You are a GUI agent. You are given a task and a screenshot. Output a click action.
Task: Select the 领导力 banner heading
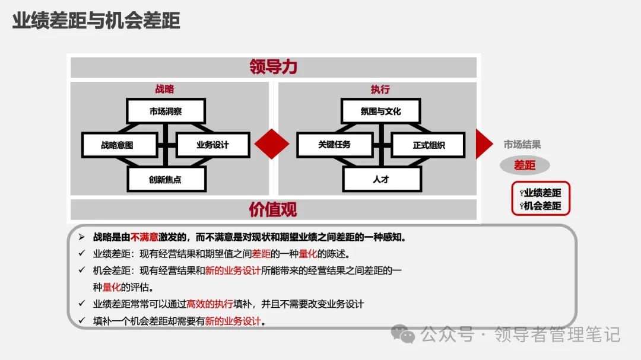tap(273, 67)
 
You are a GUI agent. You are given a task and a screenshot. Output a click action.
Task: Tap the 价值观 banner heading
tap(273, 209)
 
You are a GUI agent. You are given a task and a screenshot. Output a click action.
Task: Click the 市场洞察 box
tap(166, 111)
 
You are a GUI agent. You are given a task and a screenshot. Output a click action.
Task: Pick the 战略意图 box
tap(119, 145)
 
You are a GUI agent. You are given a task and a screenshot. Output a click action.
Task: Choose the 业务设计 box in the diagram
tap(212, 145)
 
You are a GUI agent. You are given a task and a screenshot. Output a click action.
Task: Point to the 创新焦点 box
tap(166, 179)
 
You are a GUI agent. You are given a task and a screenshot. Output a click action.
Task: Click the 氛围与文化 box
tap(380, 111)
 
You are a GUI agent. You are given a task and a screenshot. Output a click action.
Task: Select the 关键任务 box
tap(334, 145)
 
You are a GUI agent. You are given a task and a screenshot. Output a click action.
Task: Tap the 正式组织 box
tap(429, 145)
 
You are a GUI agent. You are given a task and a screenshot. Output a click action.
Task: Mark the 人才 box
tap(380, 179)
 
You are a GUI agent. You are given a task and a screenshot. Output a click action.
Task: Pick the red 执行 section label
tap(380, 89)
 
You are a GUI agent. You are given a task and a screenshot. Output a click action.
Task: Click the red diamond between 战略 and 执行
tap(272, 144)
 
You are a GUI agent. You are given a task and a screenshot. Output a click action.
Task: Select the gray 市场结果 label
tap(522, 144)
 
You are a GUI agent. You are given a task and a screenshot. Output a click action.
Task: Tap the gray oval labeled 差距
tap(525, 165)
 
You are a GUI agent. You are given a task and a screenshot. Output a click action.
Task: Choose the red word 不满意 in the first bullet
tap(144, 237)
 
